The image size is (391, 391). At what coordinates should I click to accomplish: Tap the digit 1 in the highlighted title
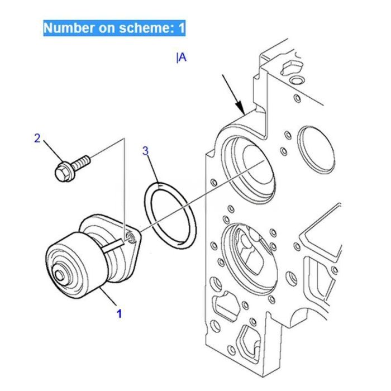(x=181, y=28)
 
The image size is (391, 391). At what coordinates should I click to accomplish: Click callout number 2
(x=37, y=138)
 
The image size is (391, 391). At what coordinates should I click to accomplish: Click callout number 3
(x=145, y=150)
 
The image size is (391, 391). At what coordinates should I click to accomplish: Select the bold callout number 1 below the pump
(x=119, y=313)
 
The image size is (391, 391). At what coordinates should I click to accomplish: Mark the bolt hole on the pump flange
(x=130, y=239)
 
